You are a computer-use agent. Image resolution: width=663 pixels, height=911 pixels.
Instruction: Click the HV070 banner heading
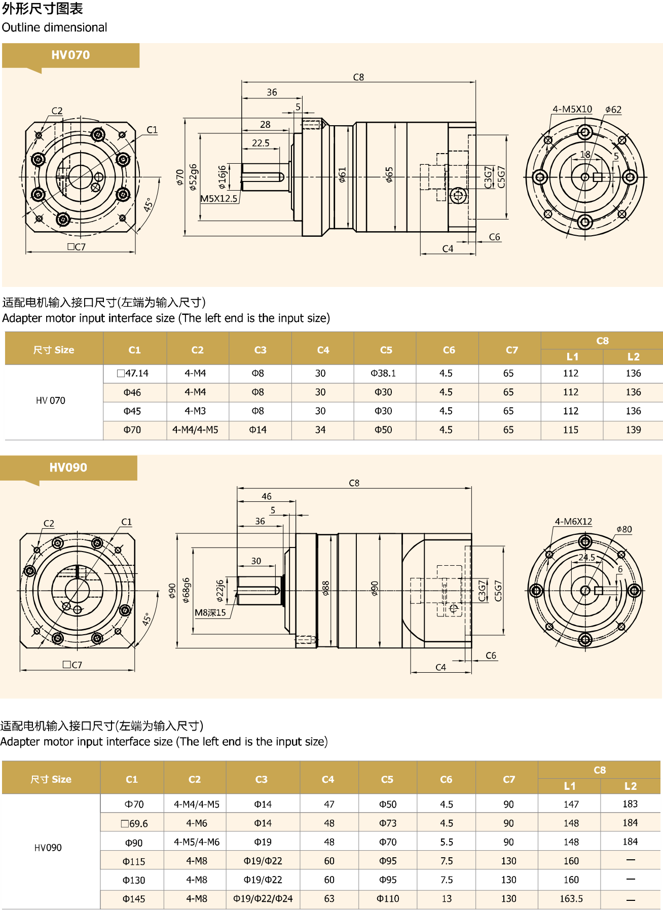point(70,55)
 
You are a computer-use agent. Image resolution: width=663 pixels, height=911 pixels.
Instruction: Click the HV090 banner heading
point(68,467)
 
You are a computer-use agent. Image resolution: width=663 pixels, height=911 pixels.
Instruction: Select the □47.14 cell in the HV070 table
point(133,374)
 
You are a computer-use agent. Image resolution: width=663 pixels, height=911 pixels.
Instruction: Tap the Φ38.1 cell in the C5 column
point(383,374)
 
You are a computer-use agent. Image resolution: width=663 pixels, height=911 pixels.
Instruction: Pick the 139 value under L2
point(633,430)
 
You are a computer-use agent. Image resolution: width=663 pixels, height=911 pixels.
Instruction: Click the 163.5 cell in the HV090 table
point(571,899)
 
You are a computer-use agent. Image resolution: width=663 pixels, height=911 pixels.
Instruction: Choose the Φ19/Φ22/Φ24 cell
point(263,899)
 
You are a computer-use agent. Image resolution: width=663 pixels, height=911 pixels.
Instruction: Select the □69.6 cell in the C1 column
point(134,824)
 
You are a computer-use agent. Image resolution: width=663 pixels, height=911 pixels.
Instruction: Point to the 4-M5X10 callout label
point(572,109)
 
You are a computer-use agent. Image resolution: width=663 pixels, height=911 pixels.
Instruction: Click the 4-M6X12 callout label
point(573,522)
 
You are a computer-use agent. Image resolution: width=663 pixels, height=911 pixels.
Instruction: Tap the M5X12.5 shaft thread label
point(219,199)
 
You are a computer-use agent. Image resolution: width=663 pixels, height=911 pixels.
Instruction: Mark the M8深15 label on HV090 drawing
point(210,613)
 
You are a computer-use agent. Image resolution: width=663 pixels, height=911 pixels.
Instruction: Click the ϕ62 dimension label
point(613,110)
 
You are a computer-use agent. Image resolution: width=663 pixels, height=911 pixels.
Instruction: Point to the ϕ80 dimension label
point(624,529)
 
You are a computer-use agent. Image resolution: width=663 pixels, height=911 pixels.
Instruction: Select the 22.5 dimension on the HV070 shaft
point(261,143)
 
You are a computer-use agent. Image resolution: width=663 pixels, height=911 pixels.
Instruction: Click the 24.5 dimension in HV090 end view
point(586,557)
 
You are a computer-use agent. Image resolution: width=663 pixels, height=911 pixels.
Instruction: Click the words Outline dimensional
point(54,27)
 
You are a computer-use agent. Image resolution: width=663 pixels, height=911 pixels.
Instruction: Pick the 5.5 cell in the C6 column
point(446,842)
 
